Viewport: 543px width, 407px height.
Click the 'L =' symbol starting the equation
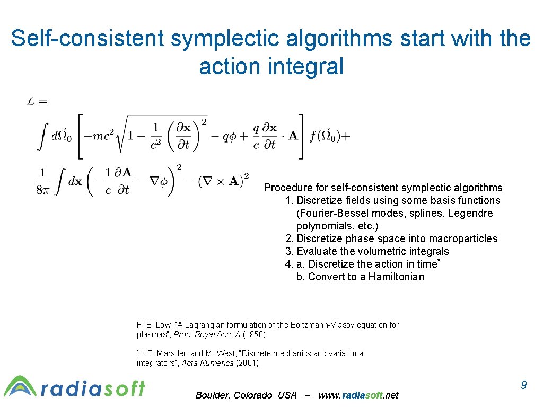pyautogui.click(x=37, y=101)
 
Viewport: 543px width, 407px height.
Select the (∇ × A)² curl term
pyautogui.click(x=223, y=181)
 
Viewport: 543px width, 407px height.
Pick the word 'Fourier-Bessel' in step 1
pyautogui.click(x=331, y=213)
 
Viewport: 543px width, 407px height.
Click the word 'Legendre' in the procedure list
pyautogui.click(x=472, y=213)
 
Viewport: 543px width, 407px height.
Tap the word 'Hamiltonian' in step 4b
pyautogui.click(x=396, y=277)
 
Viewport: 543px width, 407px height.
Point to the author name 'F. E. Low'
pyautogui.click(x=154, y=325)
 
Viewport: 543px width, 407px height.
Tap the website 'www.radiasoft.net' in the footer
pyautogui.click(x=358, y=395)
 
